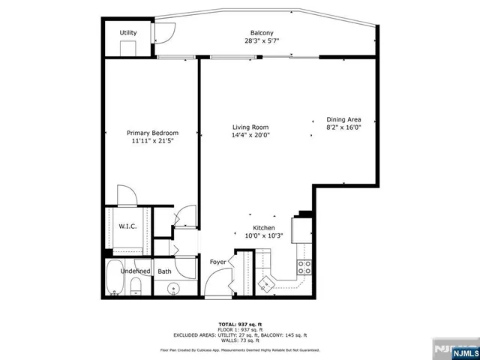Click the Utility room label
click(x=128, y=33)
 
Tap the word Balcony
click(x=262, y=33)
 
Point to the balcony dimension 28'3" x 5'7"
click(x=262, y=42)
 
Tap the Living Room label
click(x=250, y=127)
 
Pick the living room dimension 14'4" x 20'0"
click(x=250, y=136)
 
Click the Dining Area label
click(x=344, y=119)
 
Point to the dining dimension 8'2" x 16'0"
click(x=344, y=127)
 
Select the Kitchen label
click(x=263, y=228)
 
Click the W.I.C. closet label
click(x=126, y=226)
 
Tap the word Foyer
click(x=217, y=262)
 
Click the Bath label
click(x=164, y=271)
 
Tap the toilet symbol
click(x=136, y=286)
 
